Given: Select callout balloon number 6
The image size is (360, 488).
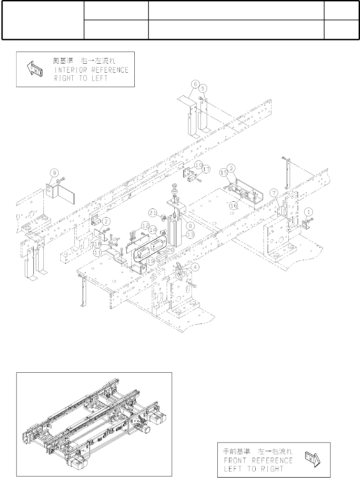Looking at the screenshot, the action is click(195, 84).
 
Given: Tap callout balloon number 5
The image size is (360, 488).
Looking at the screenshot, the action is click(204, 88).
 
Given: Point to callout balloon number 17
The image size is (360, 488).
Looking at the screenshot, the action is click(206, 169).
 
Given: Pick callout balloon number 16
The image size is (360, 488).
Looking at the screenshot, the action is click(234, 205).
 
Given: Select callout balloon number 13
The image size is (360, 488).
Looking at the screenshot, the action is click(190, 234).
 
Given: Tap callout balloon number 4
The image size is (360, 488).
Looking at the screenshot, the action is click(195, 267).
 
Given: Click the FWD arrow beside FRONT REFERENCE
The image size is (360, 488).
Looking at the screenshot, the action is click(312, 460).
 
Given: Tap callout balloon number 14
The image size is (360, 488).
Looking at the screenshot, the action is click(153, 230).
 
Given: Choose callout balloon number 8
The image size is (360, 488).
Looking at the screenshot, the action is click(190, 226).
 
